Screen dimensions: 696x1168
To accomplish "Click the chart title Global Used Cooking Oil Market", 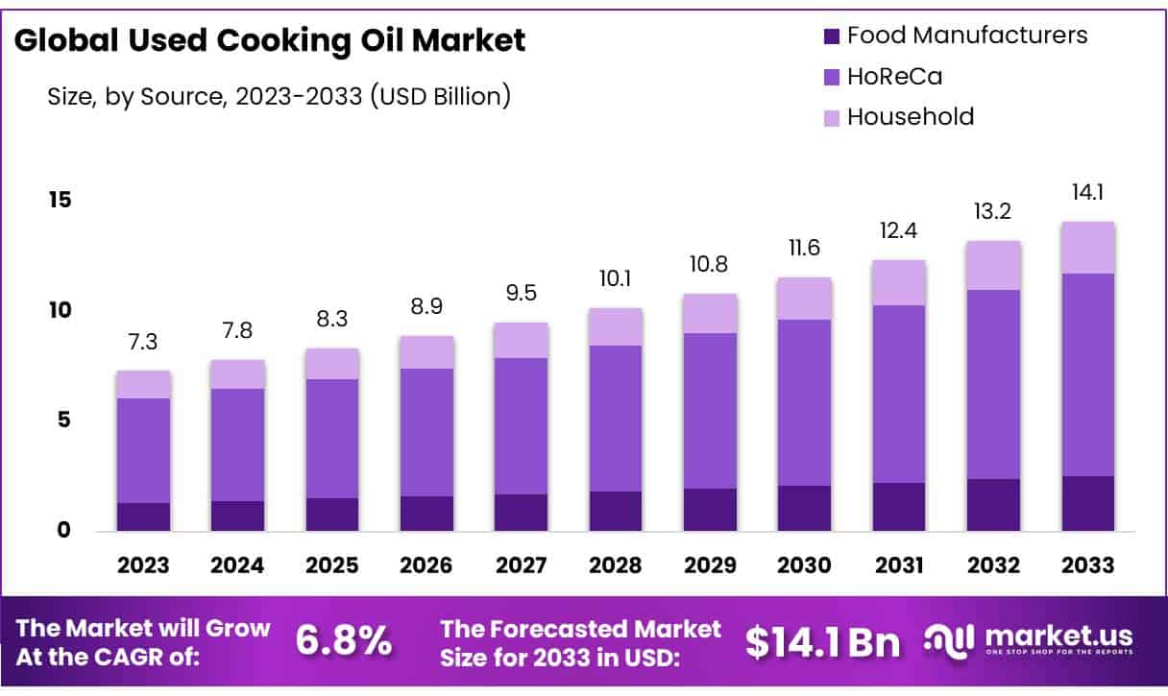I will pyautogui.click(x=271, y=40).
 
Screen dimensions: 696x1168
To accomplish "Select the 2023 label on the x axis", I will pyautogui.click(x=143, y=564).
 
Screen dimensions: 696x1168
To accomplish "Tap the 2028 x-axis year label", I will pyautogui.click(x=616, y=564).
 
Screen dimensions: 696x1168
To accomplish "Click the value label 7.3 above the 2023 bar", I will pyautogui.click(x=143, y=343).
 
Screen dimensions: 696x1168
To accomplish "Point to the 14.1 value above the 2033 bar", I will pyautogui.click(x=1087, y=193).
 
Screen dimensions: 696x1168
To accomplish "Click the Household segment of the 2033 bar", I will pyautogui.click(x=1087, y=248).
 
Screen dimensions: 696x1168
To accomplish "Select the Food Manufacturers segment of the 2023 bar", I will pyautogui.click(x=143, y=516).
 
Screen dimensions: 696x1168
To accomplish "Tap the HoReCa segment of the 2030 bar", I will pyautogui.click(x=804, y=402).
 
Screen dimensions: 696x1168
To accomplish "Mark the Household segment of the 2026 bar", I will pyautogui.click(x=426, y=352).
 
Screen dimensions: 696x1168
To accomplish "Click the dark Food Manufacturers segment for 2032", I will pyautogui.click(x=993, y=505).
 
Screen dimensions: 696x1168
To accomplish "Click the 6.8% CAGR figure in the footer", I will pyautogui.click(x=343, y=641).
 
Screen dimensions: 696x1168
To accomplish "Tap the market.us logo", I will pyautogui.click(x=1029, y=639).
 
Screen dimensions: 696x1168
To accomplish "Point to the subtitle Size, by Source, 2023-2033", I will pyautogui.click(x=279, y=96).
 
